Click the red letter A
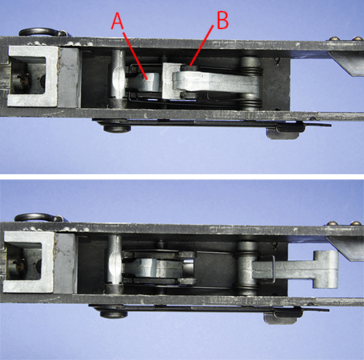pos(117,21)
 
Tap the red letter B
pos(223,20)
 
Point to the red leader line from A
pos(135,55)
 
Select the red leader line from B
pos(202,45)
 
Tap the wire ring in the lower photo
pos(36,216)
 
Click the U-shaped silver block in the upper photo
pos(33,77)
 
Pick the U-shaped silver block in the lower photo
pos(29,262)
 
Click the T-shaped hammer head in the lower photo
pos(325,270)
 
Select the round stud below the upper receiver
pos(117,128)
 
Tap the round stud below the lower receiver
pos(114,314)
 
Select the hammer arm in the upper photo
pos(216,81)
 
